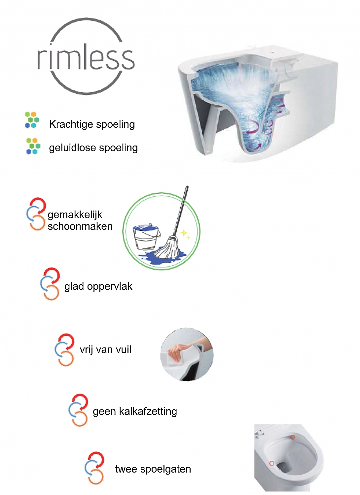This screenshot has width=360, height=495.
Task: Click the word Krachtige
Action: tap(71, 124)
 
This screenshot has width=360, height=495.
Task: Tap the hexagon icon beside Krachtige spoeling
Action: tap(32, 120)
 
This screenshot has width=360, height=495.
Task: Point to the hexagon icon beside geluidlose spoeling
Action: tap(33, 146)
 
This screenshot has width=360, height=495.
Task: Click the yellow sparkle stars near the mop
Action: tap(185, 234)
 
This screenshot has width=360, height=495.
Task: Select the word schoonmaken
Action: tap(80, 226)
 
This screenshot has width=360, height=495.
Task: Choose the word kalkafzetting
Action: tap(148, 411)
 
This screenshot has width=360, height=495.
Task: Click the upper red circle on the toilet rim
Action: tap(293, 437)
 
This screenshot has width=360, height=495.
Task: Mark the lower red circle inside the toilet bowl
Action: tap(272, 463)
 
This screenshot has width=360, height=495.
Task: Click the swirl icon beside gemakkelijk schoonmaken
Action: tap(36, 214)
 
